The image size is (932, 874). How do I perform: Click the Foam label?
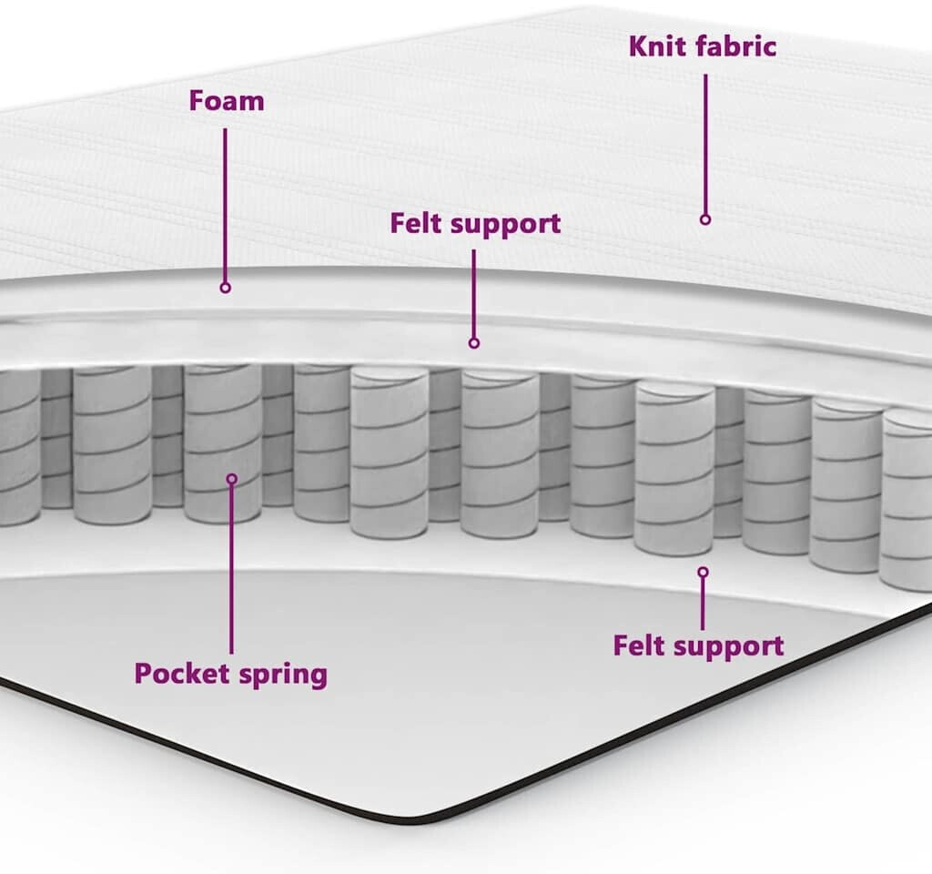(227, 101)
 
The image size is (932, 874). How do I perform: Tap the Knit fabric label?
(703, 46)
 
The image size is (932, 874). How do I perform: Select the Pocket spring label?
(230, 675)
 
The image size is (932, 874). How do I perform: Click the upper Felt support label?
(475, 224)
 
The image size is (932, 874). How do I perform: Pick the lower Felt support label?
(698, 645)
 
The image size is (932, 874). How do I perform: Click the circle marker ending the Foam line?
(226, 288)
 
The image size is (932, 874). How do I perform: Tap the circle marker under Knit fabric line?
(705, 219)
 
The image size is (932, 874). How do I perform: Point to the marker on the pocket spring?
(232, 479)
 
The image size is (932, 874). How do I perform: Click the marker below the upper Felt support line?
(473, 343)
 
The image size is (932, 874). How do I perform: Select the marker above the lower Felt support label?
(704, 572)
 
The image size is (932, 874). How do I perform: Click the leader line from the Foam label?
(226, 206)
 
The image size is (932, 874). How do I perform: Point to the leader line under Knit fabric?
(705, 145)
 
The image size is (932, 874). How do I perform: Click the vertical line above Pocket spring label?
(231, 569)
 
